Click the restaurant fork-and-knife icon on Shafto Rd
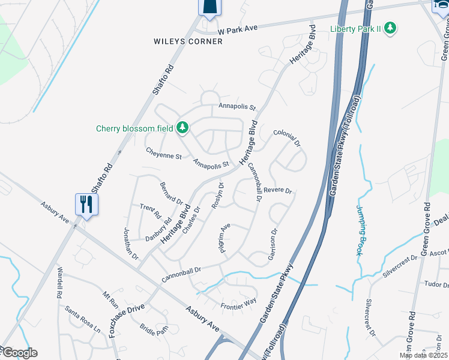[x=86, y=204]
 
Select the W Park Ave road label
[x=237, y=30]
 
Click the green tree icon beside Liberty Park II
[x=390, y=28]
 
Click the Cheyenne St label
[x=164, y=156]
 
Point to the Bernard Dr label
[x=170, y=191]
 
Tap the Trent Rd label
[x=151, y=211]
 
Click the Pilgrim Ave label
[x=225, y=239]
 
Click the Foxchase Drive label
[x=127, y=313]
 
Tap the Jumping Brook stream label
[x=361, y=230]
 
